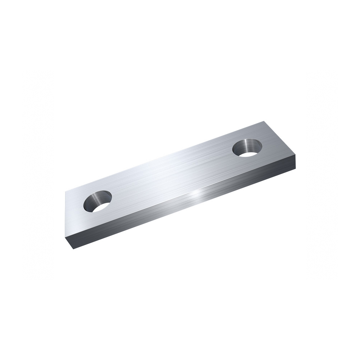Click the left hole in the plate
(98, 201)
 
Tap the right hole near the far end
(247, 148)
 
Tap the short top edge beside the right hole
(281, 139)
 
